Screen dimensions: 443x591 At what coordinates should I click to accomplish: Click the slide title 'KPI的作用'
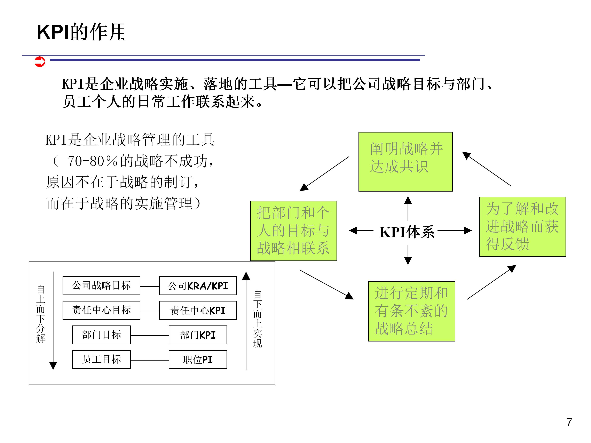(x=81, y=32)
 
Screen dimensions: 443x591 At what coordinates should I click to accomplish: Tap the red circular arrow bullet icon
(x=40, y=62)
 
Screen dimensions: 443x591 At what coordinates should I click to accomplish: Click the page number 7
(x=569, y=422)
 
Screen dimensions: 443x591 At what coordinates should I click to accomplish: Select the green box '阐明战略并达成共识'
(x=405, y=162)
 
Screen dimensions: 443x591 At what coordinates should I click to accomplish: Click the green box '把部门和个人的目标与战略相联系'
(x=293, y=231)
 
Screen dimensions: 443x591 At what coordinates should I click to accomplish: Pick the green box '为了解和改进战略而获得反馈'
(x=522, y=227)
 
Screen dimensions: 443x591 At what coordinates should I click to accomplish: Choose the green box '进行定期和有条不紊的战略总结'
(x=411, y=311)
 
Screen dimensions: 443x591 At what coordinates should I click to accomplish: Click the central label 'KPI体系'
(x=407, y=232)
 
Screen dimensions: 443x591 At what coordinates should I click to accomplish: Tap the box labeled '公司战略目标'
(x=101, y=285)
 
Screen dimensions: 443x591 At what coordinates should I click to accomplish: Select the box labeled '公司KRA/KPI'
(x=198, y=286)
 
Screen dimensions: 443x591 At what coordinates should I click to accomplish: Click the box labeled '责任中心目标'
(x=101, y=310)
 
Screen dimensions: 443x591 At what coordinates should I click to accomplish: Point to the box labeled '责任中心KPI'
(x=198, y=310)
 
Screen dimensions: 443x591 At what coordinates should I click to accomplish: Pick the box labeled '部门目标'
(x=101, y=335)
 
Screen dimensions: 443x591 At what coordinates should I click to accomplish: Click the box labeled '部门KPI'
(x=198, y=335)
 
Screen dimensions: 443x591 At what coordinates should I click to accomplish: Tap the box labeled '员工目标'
(x=101, y=359)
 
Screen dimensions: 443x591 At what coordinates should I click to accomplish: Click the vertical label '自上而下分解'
(x=41, y=314)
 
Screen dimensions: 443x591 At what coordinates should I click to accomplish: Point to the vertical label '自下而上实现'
(x=257, y=319)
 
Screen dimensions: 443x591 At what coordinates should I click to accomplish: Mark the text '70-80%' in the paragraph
(x=92, y=161)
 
